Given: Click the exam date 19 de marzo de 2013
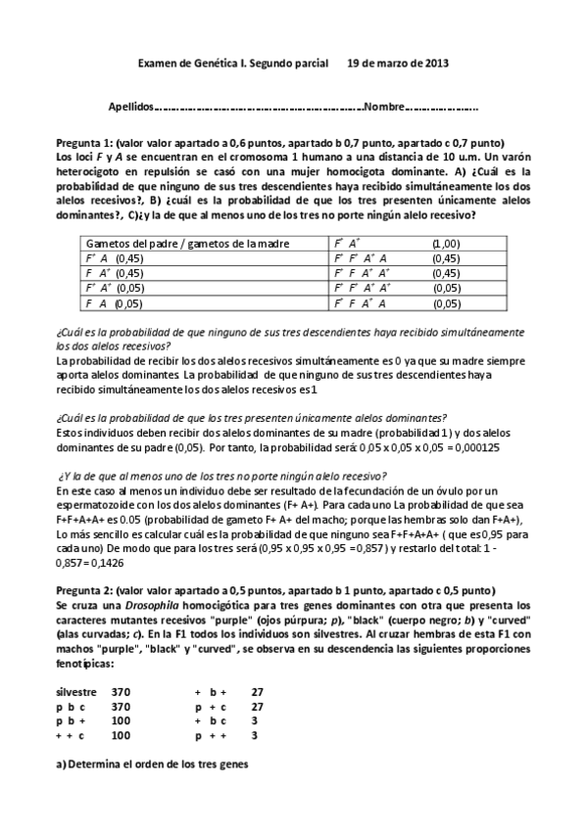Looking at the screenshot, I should tap(399, 63).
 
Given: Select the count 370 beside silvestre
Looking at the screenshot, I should tap(122, 691).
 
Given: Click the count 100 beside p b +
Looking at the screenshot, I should tap(122, 719).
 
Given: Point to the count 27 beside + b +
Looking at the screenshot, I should tap(258, 691).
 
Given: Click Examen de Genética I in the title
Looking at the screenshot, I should tap(190, 63).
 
